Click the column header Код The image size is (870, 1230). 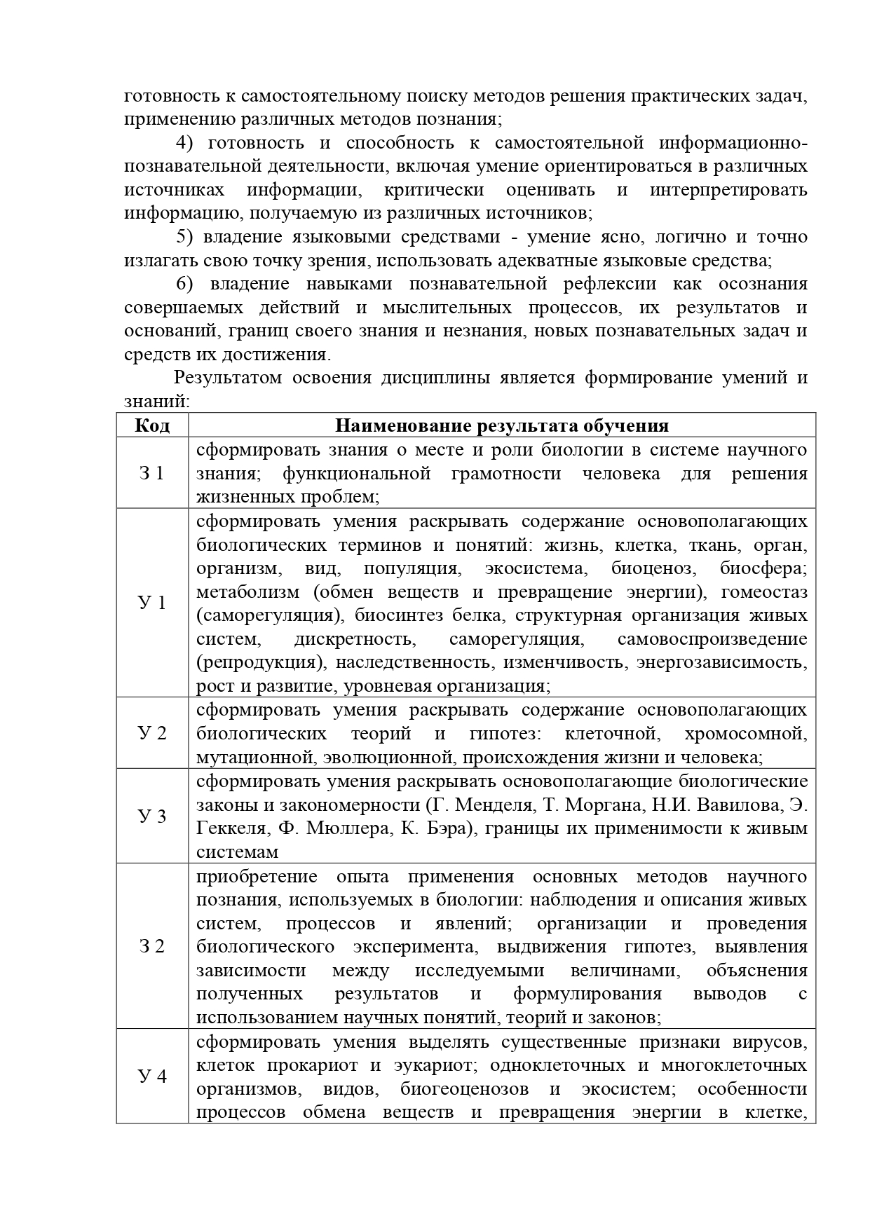pyautogui.click(x=152, y=425)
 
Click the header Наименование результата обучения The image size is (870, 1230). pyautogui.click(x=501, y=425)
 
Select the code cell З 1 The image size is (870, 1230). pyautogui.click(x=152, y=473)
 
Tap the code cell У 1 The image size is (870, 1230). pyautogui.click(x=152, y=603)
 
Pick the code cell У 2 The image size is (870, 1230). pyautogui.click(x=152, y=734)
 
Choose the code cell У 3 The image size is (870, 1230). pyautogui.click(x=152, y=816)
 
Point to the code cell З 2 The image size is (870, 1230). pyautogui.click(x=152, y=947)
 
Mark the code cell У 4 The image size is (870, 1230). pyautogui.click(x=152, y=1076)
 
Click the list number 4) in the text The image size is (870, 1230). pyautogui.click(x=184, y=143)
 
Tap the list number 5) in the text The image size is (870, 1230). pyautogui.click(x=184, y=237)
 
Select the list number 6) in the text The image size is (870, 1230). pyautogui.click(x=184, y=284)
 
